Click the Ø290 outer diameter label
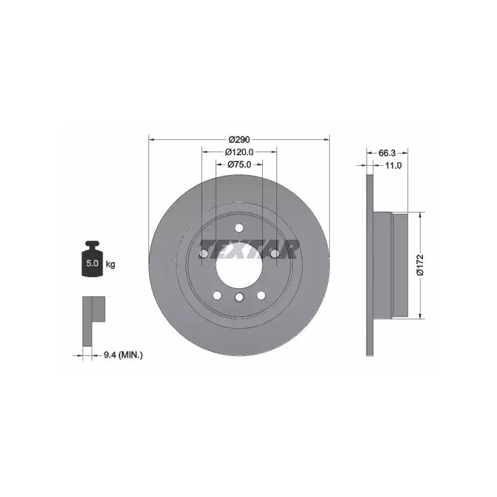pyautogui.click(x=240, y=139)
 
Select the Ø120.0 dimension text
pyautogui.click(x=239, y=152)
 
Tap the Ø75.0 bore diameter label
pyautogui.click(x=239, y=165)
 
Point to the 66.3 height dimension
pyautogui.click(x=387, y=153)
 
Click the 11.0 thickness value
pyautogui.click(x=393, y=165)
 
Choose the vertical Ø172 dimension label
pyautogui.click(x=421, y=265)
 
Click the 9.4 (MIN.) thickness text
pyautogui.click(x=123, y=355)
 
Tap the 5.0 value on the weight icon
pyautogui.click(x=92, y=263)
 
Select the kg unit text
pyautogui.click(x=111, y=263)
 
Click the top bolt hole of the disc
pyautogui.click(x=239, y=228)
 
